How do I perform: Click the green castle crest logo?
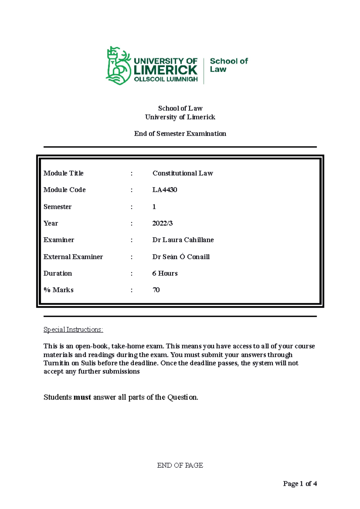tap(118, 66)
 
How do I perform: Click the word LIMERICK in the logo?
tap(165, 70)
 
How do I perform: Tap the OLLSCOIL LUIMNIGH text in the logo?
tap(166, 79)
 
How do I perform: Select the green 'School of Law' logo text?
tap(229, 65)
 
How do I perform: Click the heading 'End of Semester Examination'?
tap(180, 134)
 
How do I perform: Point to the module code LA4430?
tap(165, 190)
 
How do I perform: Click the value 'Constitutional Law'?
tap(182, 173)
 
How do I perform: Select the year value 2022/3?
tap(162, 223)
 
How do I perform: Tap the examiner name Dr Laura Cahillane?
tap(183, 240)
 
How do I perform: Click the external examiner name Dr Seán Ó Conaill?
tap(181, 257)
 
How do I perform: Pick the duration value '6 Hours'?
tap(165, 273)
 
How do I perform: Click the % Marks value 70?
tap(156, 290)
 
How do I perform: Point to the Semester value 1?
tap(154, 207)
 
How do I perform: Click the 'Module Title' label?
tap(63, 173)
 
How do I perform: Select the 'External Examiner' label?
tap(73, 257)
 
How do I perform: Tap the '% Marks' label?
tap(58, 290)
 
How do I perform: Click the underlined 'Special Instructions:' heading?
tap(73, 330)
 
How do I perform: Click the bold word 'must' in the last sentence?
tap(82, 397)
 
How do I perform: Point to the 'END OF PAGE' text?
tap(180, 465)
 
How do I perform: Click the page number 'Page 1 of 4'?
tap(300, 484)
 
